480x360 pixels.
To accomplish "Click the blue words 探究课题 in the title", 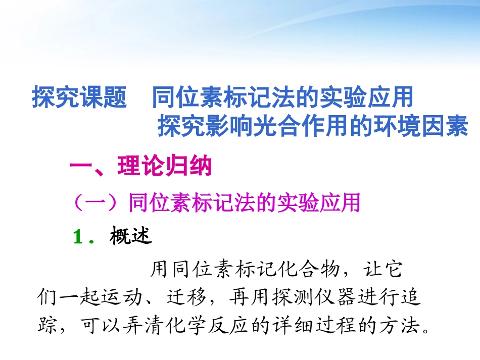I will [79, 98].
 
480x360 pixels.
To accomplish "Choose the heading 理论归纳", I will [164, 167].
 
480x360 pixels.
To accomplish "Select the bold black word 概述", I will [130, 236].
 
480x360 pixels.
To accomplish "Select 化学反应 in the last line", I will [227, 326].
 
